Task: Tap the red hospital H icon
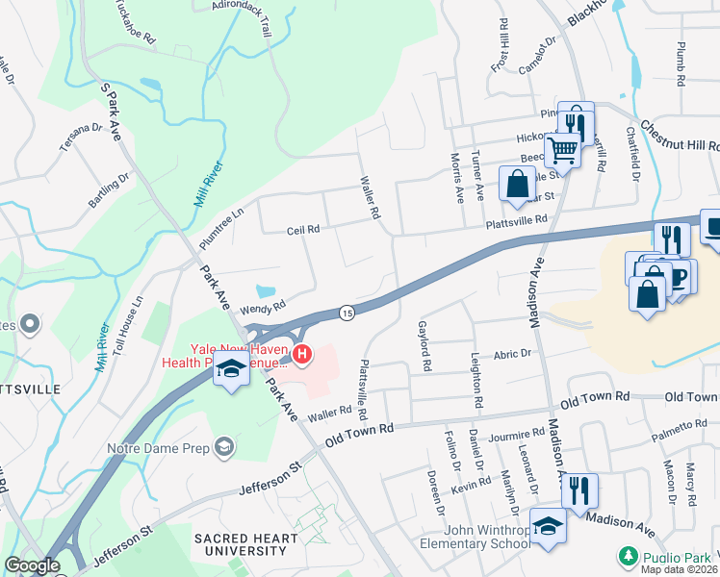[303, 356]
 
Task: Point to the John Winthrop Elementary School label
[483, 538]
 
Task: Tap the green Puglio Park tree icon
[628, 556]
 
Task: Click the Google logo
[31, 565]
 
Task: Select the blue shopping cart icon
[562, 149]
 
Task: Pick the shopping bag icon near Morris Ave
[517, 182]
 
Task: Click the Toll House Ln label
[125, 314]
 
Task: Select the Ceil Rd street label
[302, 230]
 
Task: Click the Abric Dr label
[512, 354]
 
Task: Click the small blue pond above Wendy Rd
[265, 289]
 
